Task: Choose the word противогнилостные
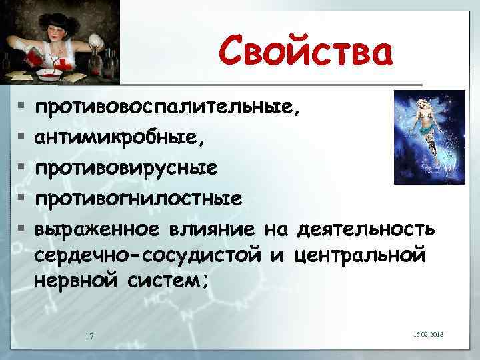pos(139,199)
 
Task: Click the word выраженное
pos(97,229)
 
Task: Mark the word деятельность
pos(366,229)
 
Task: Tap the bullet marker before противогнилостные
pos(22,199)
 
